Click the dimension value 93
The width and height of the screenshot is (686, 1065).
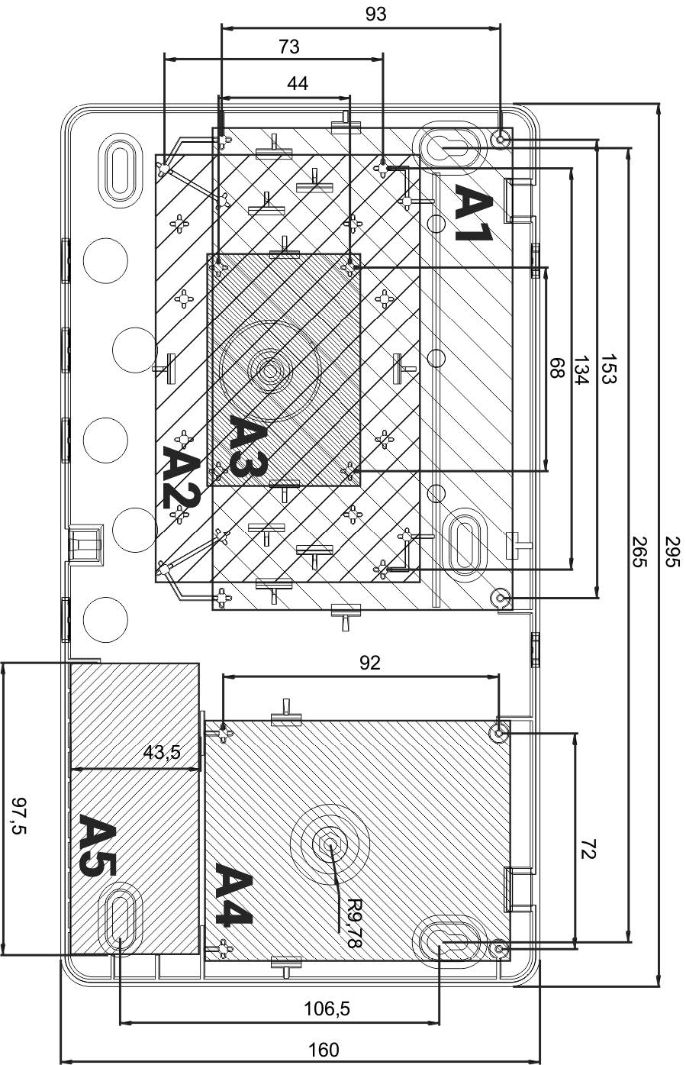375,15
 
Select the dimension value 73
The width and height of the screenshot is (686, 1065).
289,47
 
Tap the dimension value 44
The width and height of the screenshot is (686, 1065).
298,84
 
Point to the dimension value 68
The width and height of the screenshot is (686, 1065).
556,367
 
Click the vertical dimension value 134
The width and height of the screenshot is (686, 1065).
581,370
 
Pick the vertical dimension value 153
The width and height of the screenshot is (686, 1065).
609,369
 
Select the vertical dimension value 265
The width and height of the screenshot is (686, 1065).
640,551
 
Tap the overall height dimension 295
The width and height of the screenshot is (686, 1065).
673,551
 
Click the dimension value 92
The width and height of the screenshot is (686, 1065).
369,663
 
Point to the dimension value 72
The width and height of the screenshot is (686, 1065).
588,849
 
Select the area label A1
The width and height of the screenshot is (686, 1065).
473,213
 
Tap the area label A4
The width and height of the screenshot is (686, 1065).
233,894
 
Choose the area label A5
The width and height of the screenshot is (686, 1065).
98,845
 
